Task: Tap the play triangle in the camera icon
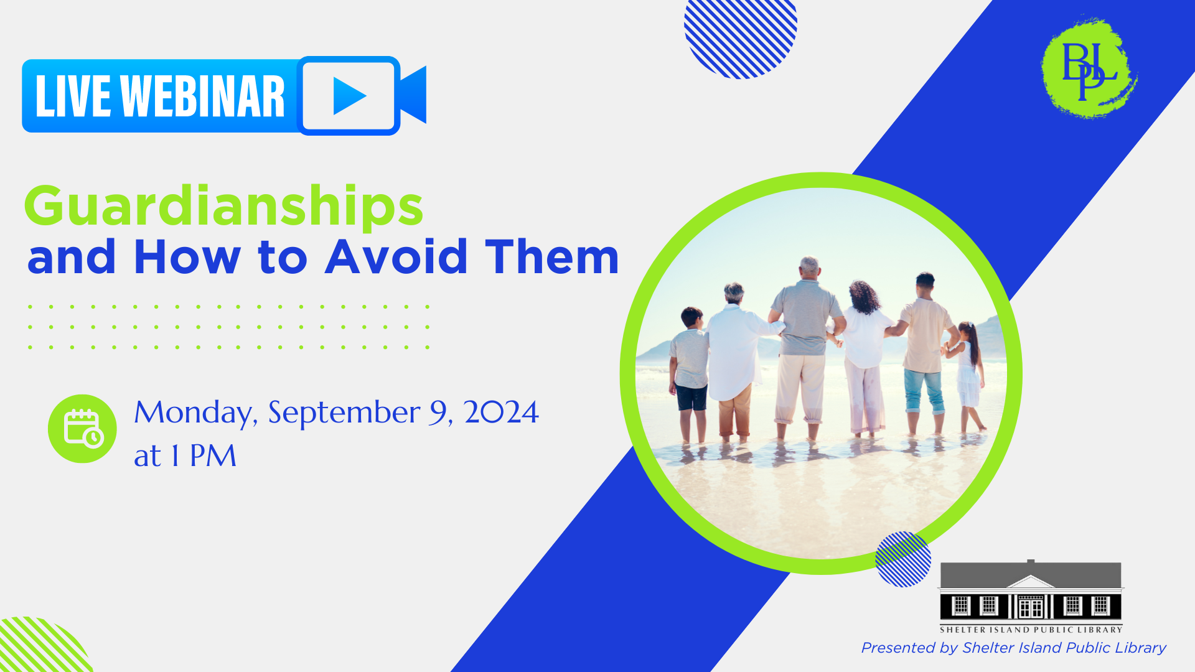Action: coord(349,96)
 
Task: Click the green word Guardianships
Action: coord(224,206)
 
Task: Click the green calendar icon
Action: coord(82,429)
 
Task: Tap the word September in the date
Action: coord(344,413)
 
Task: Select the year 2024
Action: coord(501,412)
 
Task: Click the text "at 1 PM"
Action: coord(185,455)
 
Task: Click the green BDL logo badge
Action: coord(1089,67)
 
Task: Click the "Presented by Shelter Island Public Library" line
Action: coord(1013,648)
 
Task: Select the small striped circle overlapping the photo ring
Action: coord(903,559)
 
